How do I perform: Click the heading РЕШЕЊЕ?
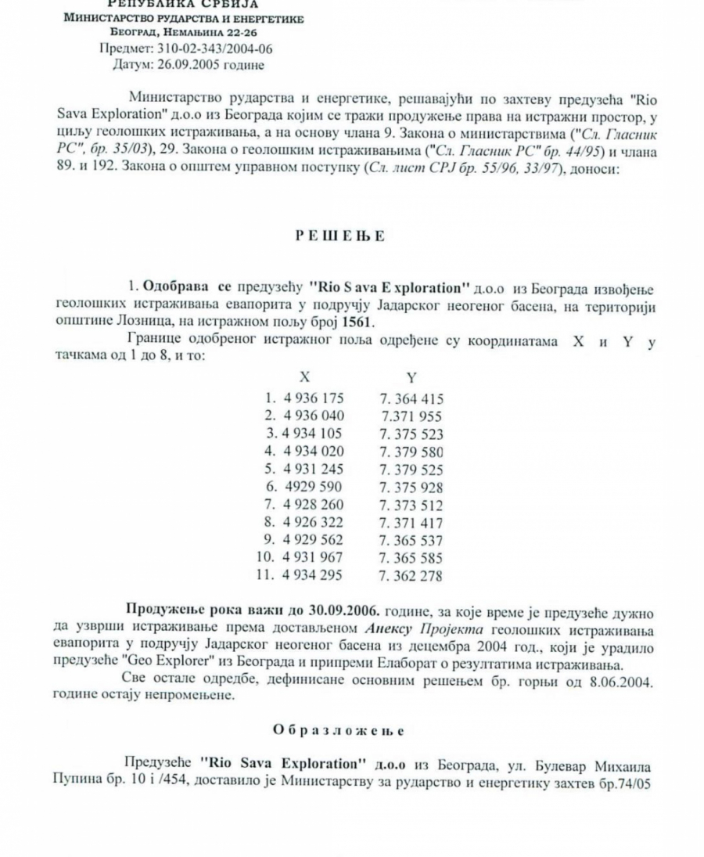(340, 236)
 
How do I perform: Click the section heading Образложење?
(338, 729)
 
